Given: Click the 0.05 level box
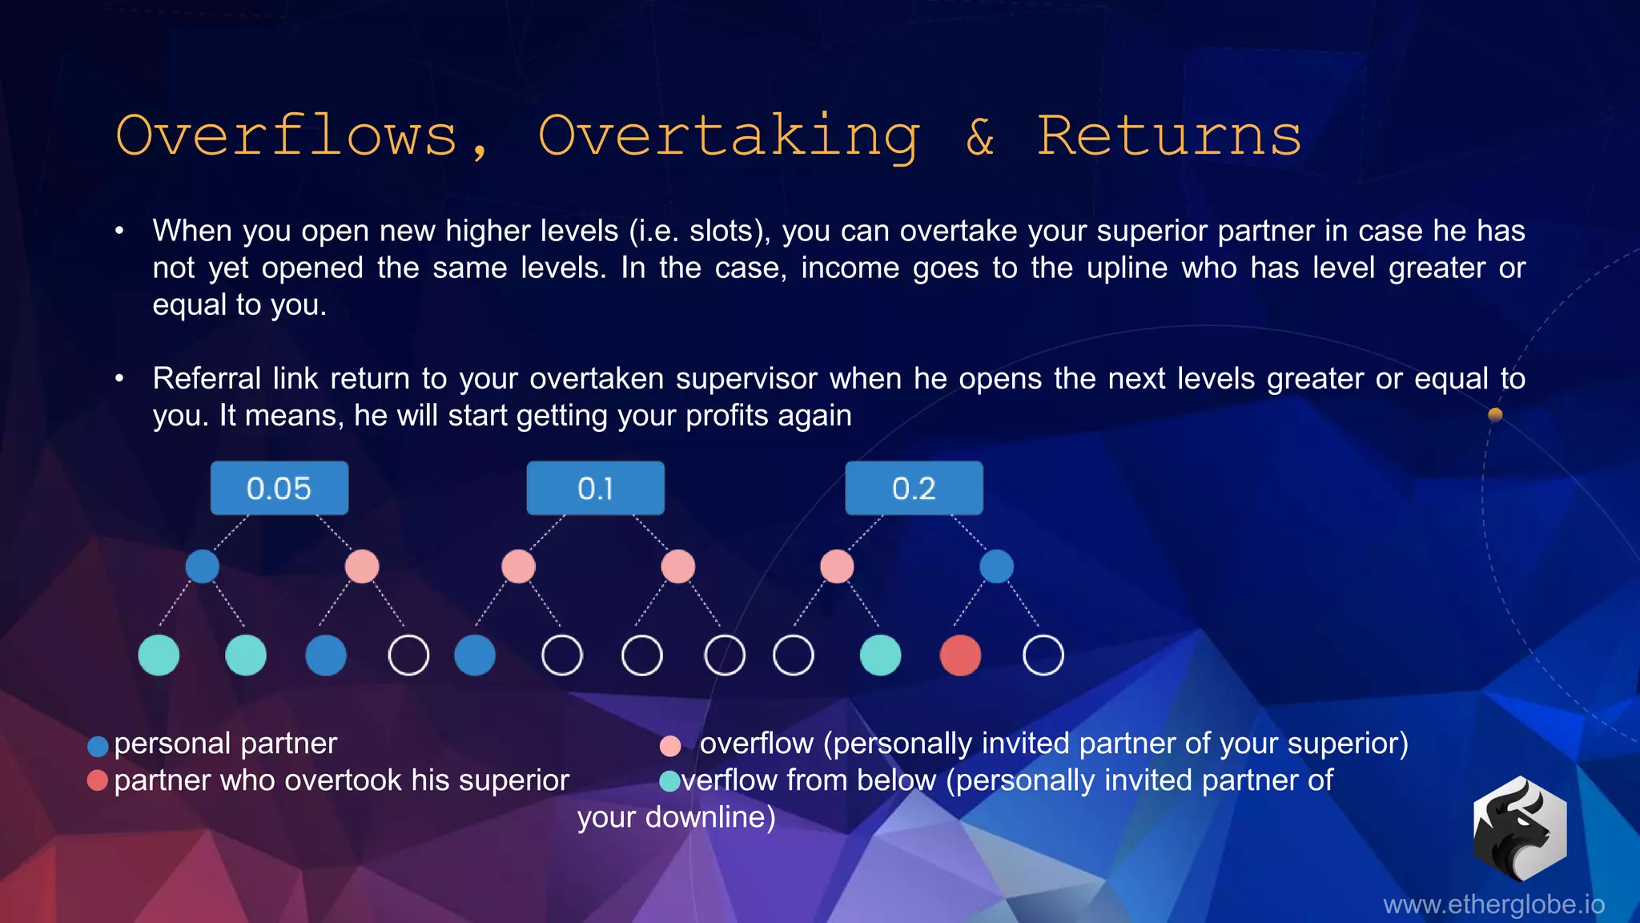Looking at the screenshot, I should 279,488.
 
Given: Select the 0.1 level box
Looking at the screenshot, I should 595,488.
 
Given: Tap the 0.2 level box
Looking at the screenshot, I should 914,488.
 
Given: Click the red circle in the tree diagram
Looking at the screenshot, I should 960,655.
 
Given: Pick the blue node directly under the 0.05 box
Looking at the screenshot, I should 202,566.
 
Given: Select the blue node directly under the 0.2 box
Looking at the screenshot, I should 996,566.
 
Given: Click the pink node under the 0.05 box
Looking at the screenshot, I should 362,566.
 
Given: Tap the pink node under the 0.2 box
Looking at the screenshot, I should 837,566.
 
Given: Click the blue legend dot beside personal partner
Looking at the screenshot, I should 98,747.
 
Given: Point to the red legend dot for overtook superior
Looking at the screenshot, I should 98,780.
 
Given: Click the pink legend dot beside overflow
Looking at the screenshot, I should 670,747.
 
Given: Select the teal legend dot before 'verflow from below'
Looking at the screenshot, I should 669,781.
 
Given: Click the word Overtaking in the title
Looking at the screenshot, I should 728,136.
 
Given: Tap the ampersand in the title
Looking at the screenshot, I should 980,136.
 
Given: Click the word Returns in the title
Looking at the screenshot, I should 1169,136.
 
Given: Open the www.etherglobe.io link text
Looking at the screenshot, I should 1493,905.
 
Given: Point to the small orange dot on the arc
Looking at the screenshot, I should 1495,414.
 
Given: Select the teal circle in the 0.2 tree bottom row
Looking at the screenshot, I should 880,655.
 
